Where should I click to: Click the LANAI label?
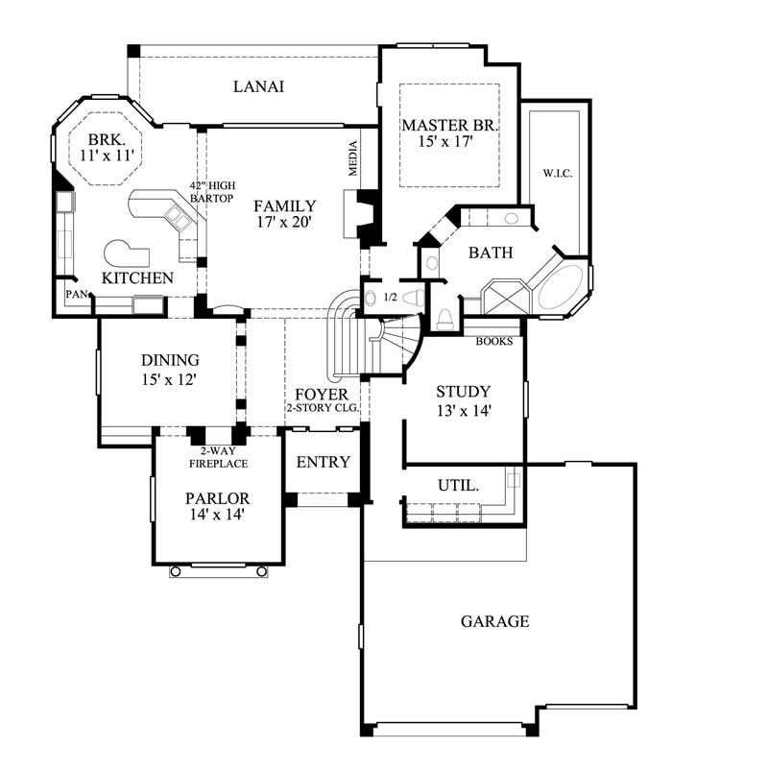[258, 86]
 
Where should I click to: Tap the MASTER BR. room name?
[450, 125]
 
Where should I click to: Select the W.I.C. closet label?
[556, 174]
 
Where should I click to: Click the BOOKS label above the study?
[494, 341]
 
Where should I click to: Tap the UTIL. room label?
[459, 486]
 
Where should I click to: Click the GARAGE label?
[494, 621]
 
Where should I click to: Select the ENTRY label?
[323, 462]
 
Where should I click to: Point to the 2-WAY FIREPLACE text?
[218, 457]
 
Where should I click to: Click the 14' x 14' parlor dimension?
[217, 515]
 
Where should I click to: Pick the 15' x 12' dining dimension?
[170, 378]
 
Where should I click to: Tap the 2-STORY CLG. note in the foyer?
[323, 408]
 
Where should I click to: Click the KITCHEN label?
[137, 277]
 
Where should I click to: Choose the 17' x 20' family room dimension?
[284, 223]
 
